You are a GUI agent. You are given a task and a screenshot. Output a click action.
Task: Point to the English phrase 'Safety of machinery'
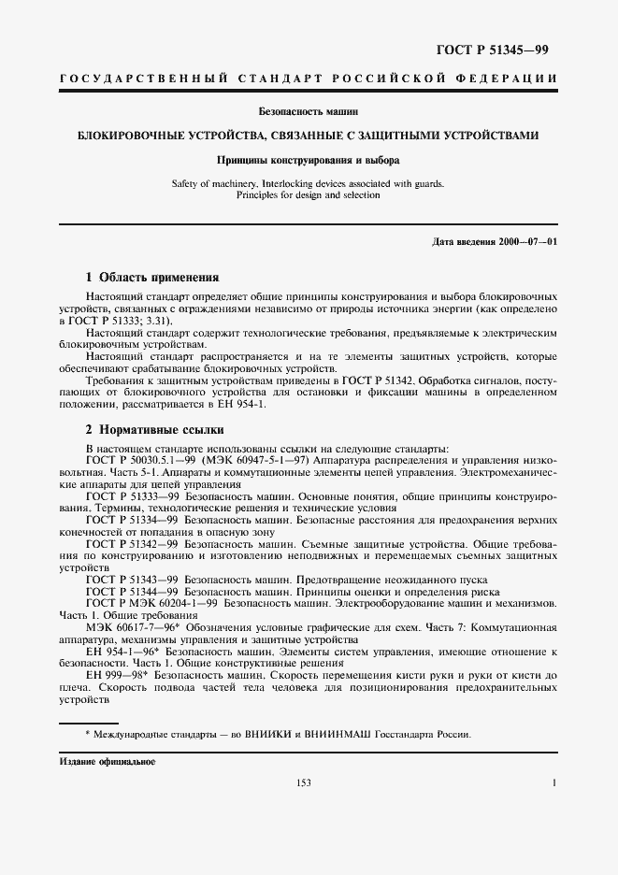214,184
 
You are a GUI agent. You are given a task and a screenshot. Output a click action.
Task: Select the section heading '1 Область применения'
151,278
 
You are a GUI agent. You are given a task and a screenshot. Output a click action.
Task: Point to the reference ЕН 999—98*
115,674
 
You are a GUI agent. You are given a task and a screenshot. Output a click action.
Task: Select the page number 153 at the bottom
303,783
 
